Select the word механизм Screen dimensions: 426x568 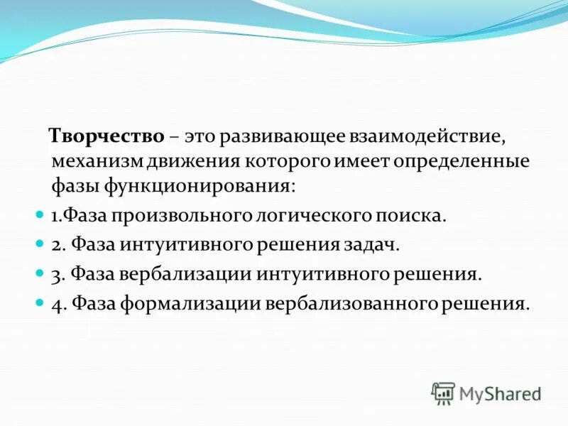97,161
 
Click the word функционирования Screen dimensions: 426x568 198,187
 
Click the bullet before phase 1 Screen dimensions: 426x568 40,213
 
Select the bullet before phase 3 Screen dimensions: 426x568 40,273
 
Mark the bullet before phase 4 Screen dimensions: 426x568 40,302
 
